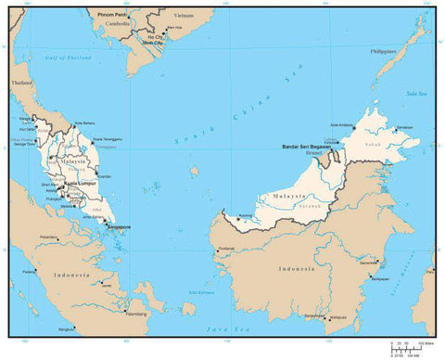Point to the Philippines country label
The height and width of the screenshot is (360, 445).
[388, 52]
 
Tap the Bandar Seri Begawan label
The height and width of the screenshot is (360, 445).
[307, 147]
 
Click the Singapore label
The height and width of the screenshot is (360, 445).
[119, 225]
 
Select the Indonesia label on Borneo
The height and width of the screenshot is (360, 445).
[294, 268]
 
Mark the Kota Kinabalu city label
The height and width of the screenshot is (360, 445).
[343, 125]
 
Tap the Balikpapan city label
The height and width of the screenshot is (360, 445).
[380, 277]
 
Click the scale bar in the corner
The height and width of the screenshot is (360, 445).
[412, 346]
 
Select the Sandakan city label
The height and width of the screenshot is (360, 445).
[404, 127]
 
